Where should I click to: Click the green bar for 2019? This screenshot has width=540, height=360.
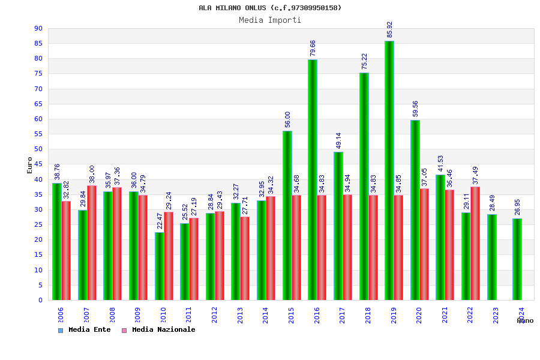click(x=389, y=170)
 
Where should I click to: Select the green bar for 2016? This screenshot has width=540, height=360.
click(x=313, y=180)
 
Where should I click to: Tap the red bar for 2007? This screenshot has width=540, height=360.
click(x=92, y=243)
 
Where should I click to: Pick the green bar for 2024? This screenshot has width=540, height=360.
click(x=517, y=259)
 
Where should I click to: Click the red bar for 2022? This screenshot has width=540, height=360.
click(x=475, y=244)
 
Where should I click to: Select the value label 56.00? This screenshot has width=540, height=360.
click(x=287, y=120)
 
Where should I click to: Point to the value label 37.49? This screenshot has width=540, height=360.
click(x=476, y=175)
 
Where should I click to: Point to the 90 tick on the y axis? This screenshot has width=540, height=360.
click(x=38, y=28)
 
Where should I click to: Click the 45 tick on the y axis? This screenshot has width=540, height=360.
click(x=38, y=164)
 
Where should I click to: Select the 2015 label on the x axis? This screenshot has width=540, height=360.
click(x=291, y=315)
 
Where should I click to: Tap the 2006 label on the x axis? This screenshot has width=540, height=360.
click(x=61, y=315)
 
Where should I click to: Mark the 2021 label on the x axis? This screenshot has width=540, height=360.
click(x=445, y=315)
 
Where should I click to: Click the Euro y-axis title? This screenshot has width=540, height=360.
click(x=30, y=165)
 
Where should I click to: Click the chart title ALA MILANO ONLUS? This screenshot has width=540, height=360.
click(x=270, y=8)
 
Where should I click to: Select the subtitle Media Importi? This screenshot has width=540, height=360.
click(x=270, y=20)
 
